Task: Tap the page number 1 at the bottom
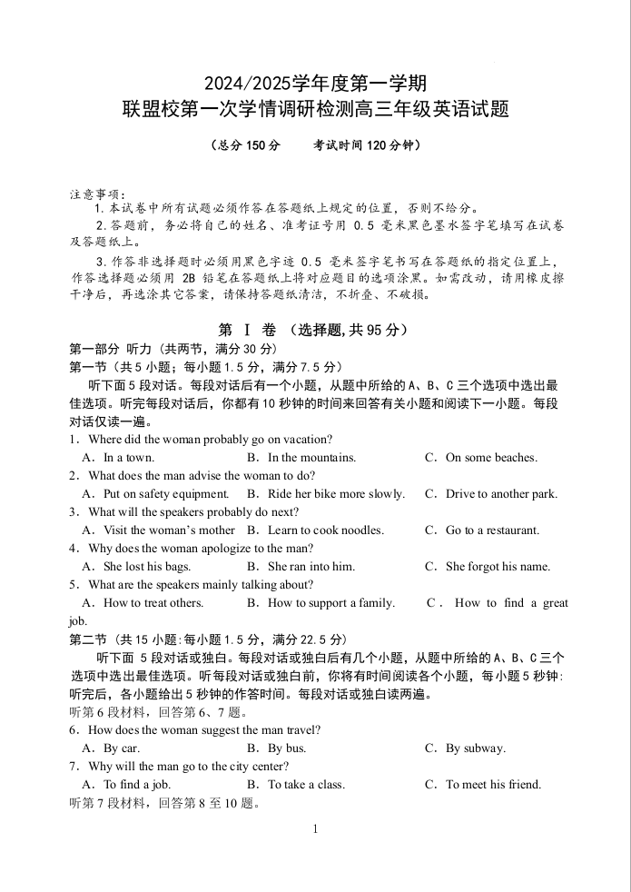(x=315, y=828)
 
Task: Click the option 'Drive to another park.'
(x=501, y=494)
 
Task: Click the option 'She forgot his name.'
(x=498, y=567)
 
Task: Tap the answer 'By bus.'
(x=287, y=748)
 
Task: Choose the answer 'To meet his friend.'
(x=493, y=785)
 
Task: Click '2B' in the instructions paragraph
(x=189, y=278)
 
